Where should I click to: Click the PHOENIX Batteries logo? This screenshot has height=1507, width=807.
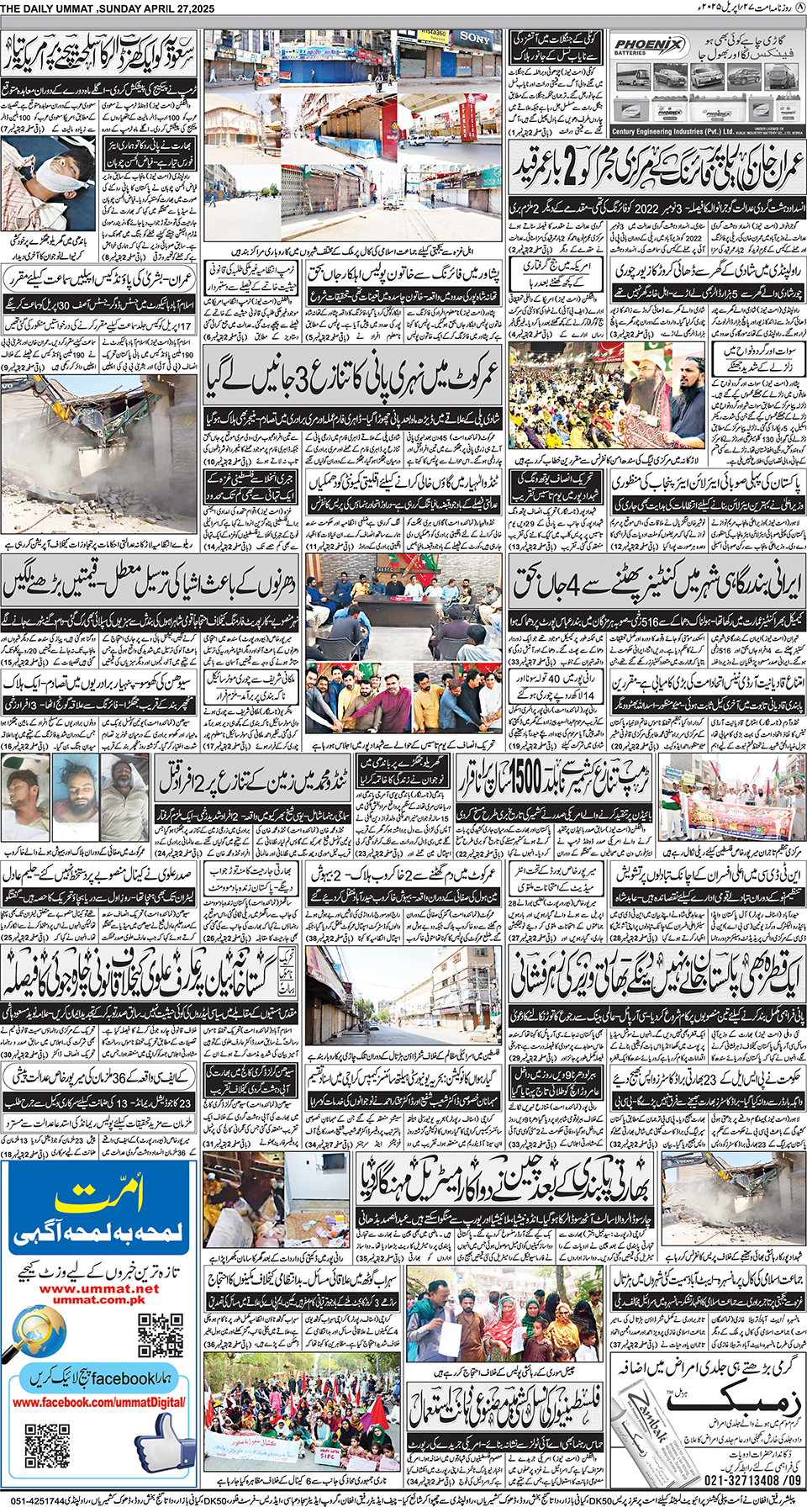[647, 47]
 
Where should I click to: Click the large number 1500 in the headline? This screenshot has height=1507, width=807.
[531, 777]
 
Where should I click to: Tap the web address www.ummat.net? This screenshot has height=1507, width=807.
[98, 1288]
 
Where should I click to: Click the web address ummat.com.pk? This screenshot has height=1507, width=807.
[98, 1299]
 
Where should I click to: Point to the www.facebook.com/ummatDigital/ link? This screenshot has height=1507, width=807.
[98, 1402]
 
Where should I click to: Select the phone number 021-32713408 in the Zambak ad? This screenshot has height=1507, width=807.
[739, 1480]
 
